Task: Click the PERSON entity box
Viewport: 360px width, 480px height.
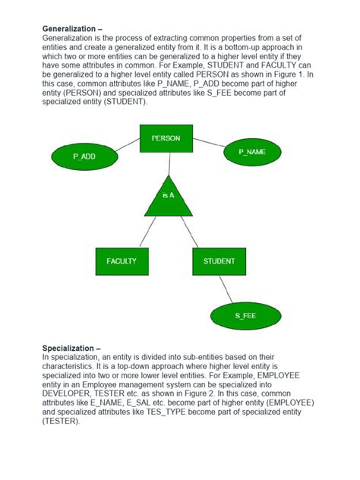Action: point(166,139)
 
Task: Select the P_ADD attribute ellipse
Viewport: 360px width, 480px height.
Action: point(84,156)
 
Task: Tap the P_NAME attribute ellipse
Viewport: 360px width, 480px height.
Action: point(252,152)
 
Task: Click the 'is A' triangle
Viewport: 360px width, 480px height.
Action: point(169,197)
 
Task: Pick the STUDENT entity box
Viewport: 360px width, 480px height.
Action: point(219,261)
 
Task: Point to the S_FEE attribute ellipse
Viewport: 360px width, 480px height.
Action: point(245,315)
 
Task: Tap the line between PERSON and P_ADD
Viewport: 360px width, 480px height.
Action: point(128,146)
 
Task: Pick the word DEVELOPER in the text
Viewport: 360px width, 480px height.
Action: point(69,393)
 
